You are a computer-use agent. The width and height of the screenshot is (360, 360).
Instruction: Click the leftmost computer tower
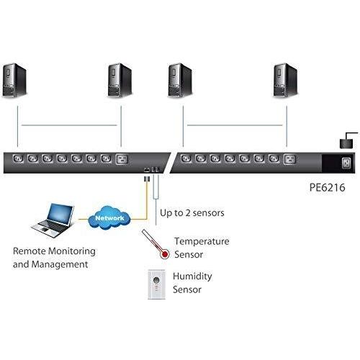point(14,81)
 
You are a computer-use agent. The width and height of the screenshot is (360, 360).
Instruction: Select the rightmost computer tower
point(286,81)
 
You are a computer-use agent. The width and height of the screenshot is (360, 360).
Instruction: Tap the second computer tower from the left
point(120,81)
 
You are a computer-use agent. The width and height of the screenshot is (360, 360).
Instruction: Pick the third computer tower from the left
point(179,81)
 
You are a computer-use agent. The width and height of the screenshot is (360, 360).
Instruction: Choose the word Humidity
point(192,276)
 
